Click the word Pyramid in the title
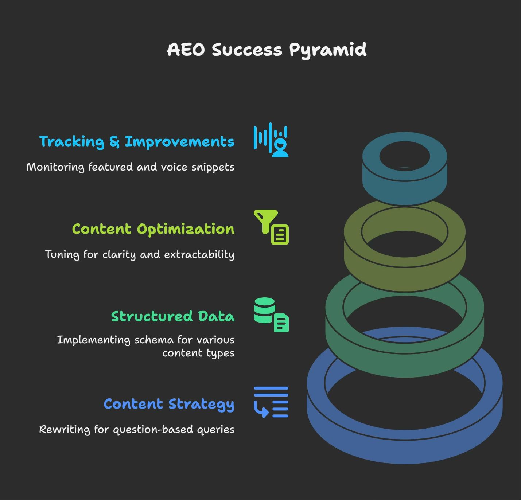tap(328, 50)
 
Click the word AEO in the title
tap(186, 50)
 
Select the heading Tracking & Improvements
tap(137, 142)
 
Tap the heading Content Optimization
tap(153, 229)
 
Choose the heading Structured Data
tap(173, 316)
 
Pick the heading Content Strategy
tap(169, 404)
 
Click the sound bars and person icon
tap(271, 140)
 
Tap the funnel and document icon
tap(271, 227)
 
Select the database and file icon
tap(271, 315)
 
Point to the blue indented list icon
tap(271, 402)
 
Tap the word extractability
tap(199, 254)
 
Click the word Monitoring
tap(55, 168)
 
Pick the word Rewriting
tap(65, 430)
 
